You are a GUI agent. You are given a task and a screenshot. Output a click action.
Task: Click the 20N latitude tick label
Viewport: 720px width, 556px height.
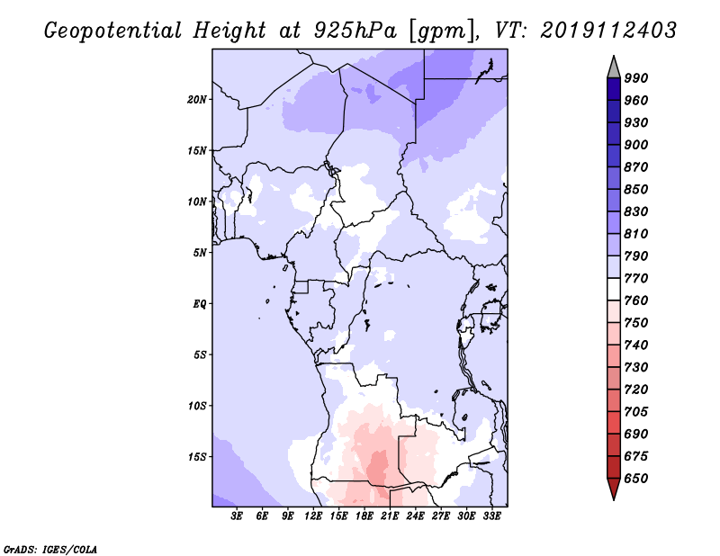196,100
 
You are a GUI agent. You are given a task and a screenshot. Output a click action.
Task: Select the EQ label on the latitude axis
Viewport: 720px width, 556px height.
199,303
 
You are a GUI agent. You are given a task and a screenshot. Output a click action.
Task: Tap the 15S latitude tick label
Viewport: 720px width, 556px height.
197,457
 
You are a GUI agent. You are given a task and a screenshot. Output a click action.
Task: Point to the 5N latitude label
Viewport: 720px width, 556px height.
200,253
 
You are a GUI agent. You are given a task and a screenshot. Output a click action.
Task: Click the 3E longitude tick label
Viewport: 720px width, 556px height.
237,516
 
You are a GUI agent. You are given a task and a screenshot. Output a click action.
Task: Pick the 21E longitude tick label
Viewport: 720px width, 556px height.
390,516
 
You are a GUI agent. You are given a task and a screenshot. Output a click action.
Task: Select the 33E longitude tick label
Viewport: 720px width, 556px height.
491,516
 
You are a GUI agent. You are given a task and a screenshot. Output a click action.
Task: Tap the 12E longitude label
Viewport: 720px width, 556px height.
313,516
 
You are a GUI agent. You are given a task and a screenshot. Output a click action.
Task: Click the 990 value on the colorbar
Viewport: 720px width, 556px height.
636,78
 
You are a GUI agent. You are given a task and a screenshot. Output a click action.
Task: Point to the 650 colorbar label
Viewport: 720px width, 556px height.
636,479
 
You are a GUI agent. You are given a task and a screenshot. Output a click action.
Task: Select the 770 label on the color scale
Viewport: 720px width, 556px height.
636,278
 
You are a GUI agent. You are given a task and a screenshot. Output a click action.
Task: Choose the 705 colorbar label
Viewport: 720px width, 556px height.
636,412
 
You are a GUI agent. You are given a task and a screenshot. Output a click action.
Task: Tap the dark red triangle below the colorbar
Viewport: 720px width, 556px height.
614,487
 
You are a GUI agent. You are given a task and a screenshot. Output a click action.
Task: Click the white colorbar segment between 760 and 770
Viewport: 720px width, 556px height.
614,290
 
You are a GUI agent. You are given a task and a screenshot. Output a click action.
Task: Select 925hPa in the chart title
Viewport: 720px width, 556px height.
355,31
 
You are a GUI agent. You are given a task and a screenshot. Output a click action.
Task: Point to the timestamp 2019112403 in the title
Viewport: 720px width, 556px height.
608,31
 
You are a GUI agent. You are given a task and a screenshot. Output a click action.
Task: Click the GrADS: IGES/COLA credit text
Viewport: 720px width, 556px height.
50,550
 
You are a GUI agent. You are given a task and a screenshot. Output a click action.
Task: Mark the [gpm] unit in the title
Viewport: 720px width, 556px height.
441,31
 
